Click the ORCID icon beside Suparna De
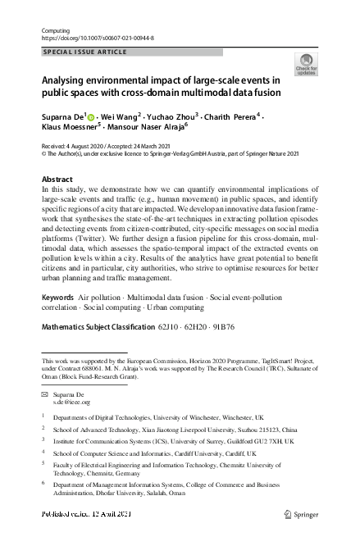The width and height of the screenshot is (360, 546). coord(91,117)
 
